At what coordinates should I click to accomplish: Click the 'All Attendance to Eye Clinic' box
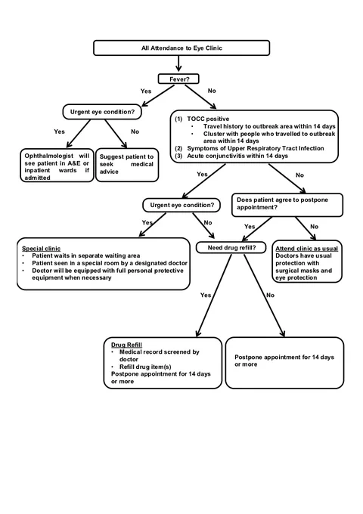181,48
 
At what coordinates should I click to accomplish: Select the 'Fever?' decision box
178,79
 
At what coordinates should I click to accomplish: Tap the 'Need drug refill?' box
231,247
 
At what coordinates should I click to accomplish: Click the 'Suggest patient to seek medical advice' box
127,165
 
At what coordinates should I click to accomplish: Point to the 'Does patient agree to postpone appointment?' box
287,205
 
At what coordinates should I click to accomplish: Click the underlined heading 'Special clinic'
42,249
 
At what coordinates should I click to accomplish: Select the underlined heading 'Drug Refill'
126,345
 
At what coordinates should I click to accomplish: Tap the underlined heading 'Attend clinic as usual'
306,249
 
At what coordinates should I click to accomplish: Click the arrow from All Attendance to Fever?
178,63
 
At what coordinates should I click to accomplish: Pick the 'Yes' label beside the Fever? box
146,91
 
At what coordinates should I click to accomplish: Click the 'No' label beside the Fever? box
212,91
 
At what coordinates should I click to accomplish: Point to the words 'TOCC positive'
208,119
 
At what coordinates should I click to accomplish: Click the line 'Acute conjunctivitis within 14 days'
237,156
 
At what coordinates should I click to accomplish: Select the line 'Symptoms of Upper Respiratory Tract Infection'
256,148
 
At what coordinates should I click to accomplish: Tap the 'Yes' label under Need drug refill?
206,295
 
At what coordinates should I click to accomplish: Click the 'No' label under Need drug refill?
270,295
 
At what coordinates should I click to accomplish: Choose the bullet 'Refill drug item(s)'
145,367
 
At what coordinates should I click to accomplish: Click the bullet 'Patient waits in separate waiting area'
86,255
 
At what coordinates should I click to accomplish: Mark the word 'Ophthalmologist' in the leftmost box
49,156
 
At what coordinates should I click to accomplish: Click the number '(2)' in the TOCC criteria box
178,148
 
